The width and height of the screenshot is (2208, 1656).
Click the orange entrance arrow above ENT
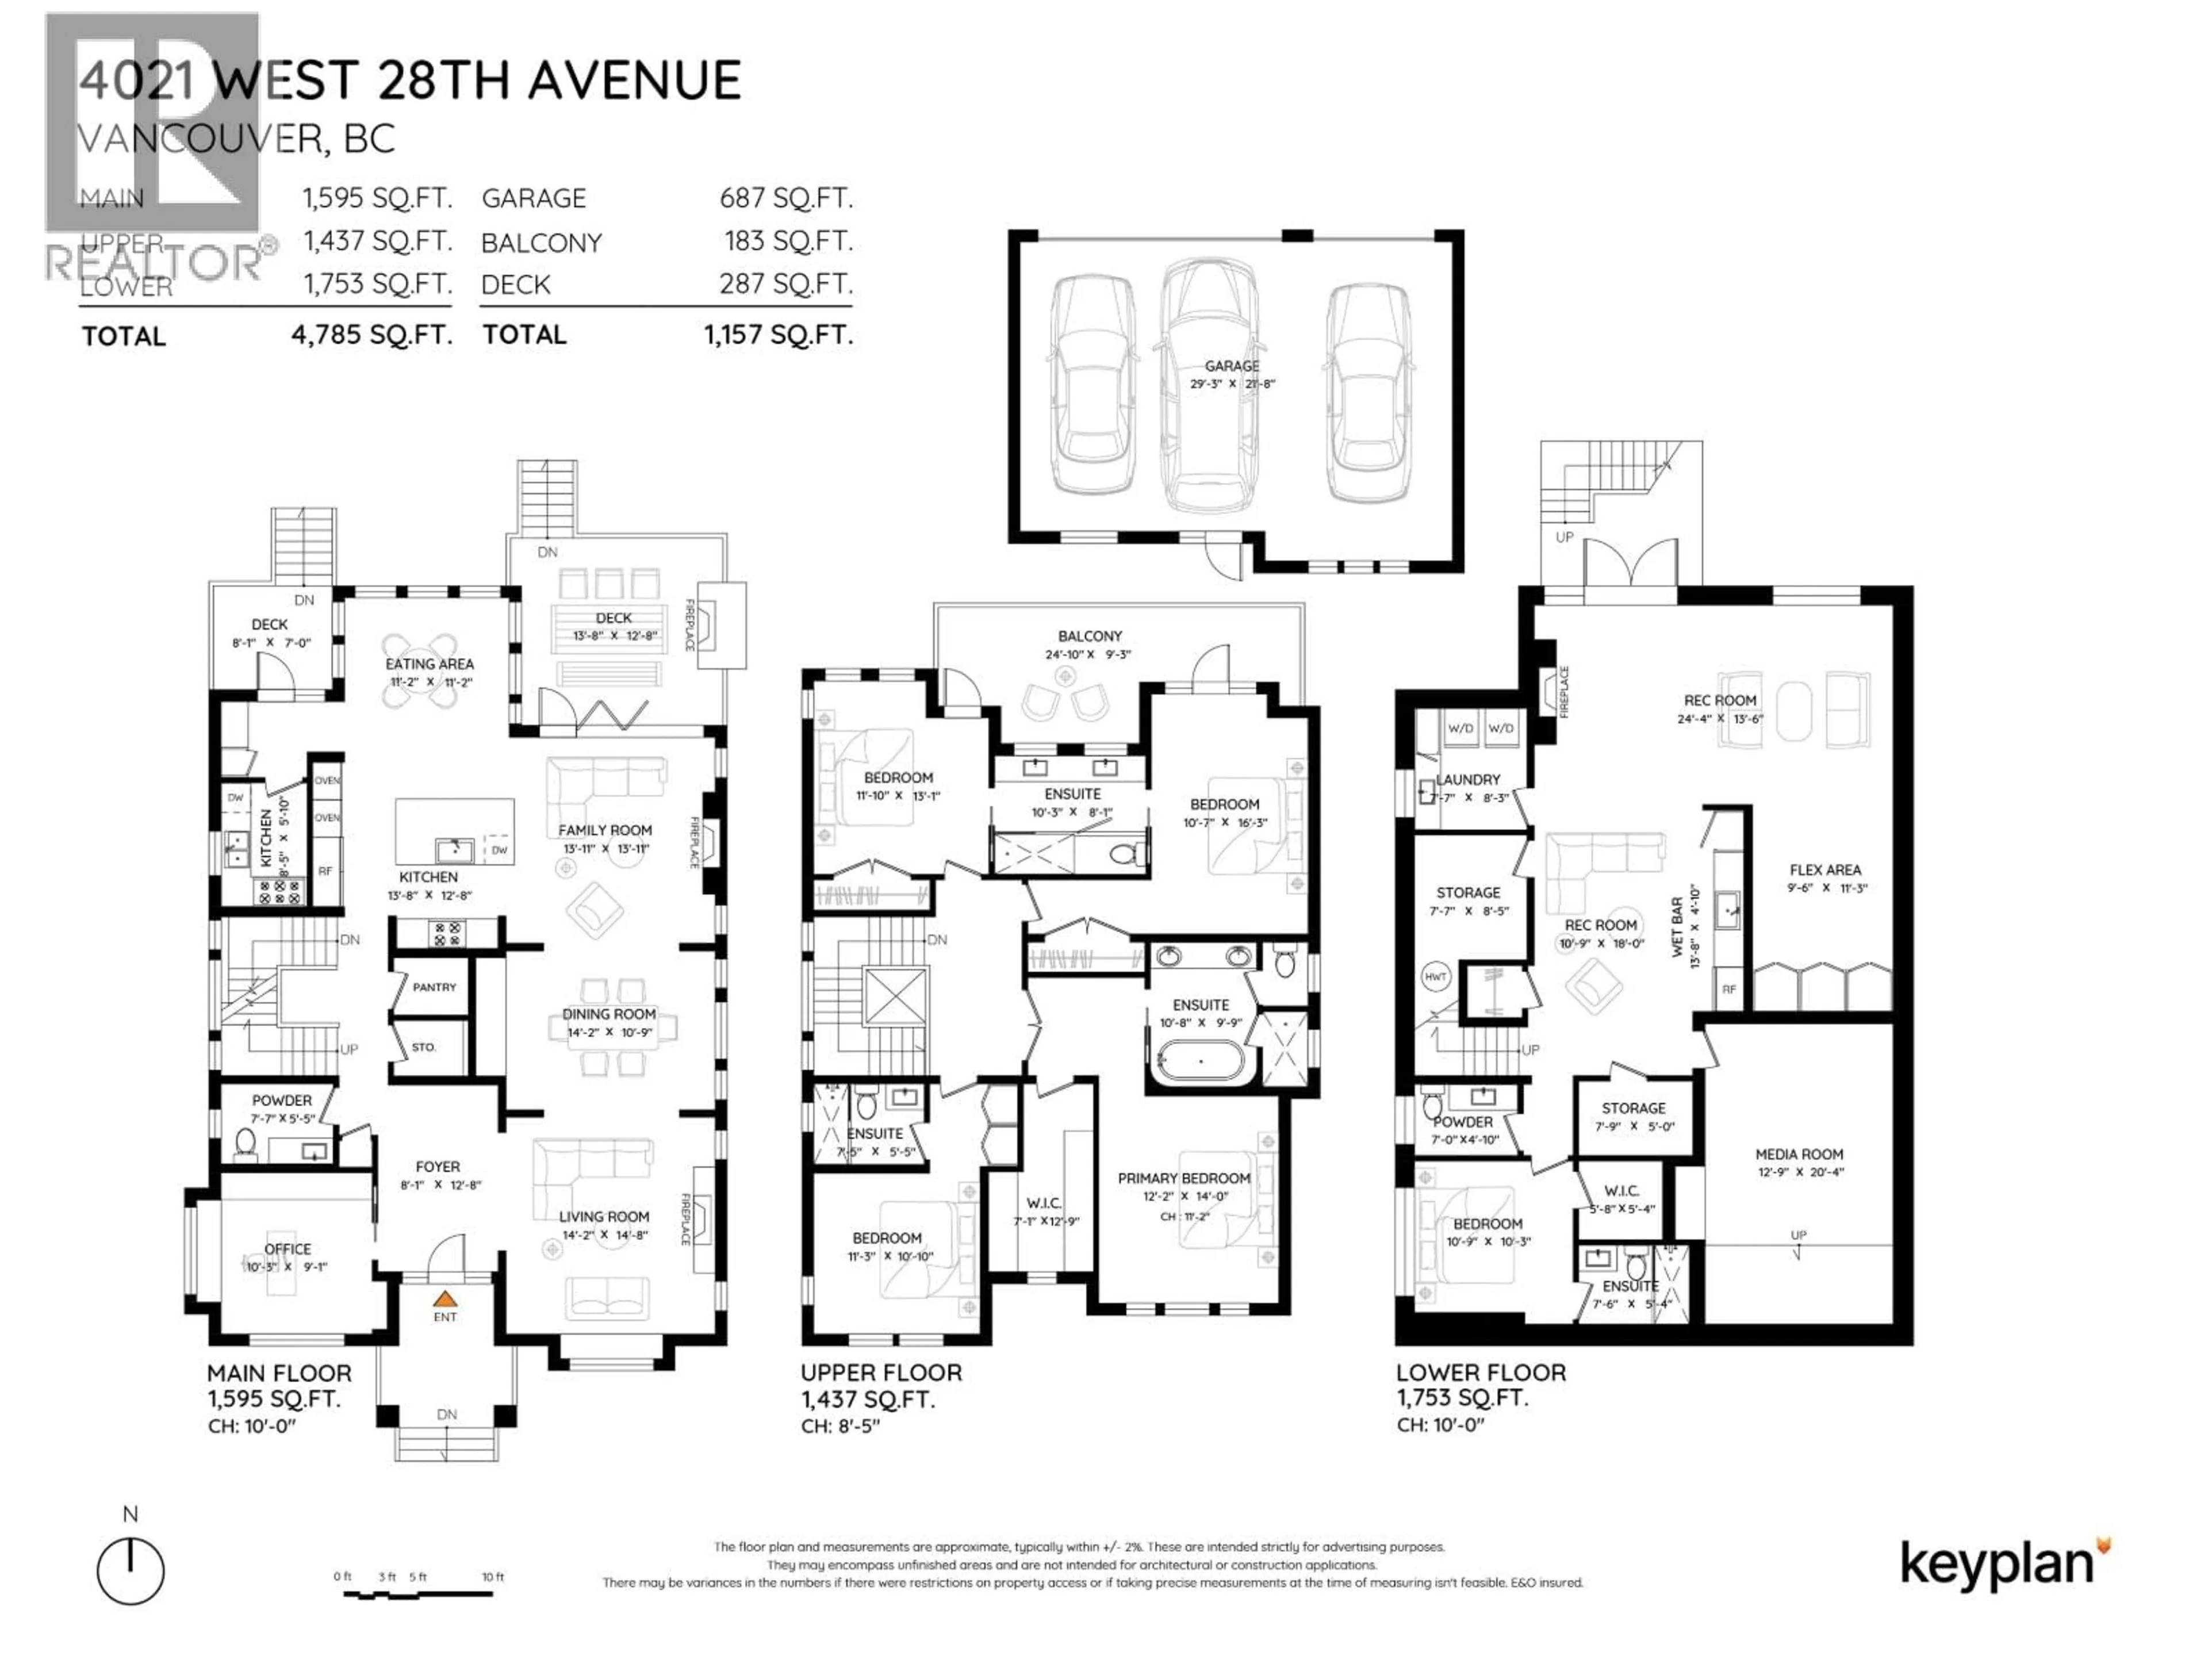tap(445, 1299)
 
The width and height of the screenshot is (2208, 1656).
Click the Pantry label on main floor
tap(434, 987)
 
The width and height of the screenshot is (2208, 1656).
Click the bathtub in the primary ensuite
tap(1200, 1060)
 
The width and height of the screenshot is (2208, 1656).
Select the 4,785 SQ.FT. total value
tap(371, 335)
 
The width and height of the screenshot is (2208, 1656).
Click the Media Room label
tap(1799, 1154)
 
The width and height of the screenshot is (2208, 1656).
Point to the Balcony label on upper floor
tap(1090, 636)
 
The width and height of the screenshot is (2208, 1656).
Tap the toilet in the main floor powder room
tap(244, 1144)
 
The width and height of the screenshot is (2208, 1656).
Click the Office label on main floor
tap(287, 1249)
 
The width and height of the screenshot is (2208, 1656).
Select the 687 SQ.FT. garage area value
tap(785, 198)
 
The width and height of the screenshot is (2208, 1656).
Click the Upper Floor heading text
tap(880, 1373)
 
